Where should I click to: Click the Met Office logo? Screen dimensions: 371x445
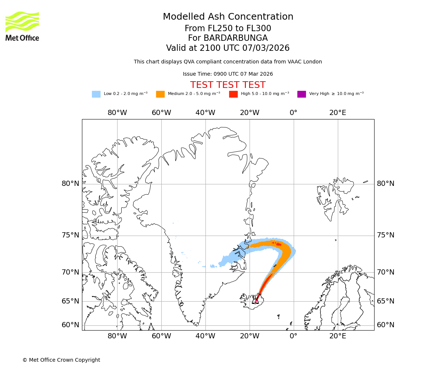[x=22, y=26]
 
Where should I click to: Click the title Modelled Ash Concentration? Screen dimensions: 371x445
[x=228, y=17]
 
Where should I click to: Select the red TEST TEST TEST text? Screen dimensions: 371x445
[x=228, y=85]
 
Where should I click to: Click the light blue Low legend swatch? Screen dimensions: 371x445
[x=96, y=94]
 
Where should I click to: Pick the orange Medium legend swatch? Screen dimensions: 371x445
[x=160, y=94]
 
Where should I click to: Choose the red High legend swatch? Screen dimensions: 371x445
[x=233, y=94]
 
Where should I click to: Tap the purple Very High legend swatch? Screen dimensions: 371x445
[x=301, y=94]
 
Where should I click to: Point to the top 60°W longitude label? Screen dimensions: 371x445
[x=161, y=113]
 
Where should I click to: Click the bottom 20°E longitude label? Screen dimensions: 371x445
[x=337, y=336]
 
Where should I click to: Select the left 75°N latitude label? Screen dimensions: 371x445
[x=70, y=235]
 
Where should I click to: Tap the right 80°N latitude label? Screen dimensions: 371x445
[x=386, y=184]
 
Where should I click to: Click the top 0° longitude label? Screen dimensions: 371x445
[x=293, y=113]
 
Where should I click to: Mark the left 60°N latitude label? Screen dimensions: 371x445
[x=70, y=325]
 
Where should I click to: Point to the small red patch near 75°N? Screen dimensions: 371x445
[x=277, y=244]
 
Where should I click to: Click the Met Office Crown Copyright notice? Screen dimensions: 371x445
[x=61, y=360]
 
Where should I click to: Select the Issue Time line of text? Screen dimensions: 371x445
[x=228, y=74]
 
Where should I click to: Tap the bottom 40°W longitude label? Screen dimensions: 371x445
[x=205, y=336]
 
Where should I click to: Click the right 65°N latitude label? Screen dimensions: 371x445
[x=386, y=301]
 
